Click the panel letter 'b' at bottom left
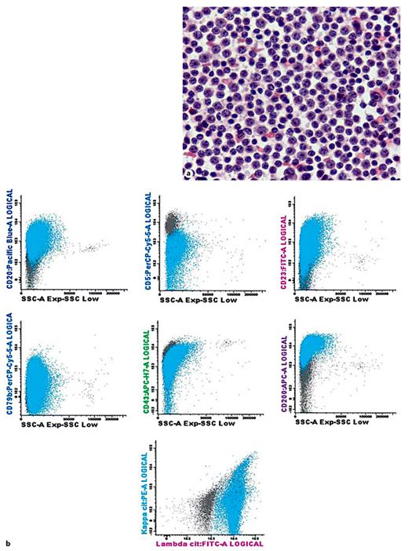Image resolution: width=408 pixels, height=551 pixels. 8,541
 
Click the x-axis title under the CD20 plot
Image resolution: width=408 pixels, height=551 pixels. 66,300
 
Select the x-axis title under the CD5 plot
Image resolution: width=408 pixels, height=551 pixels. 205,300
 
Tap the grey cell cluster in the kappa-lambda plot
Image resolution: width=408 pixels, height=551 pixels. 208,506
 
